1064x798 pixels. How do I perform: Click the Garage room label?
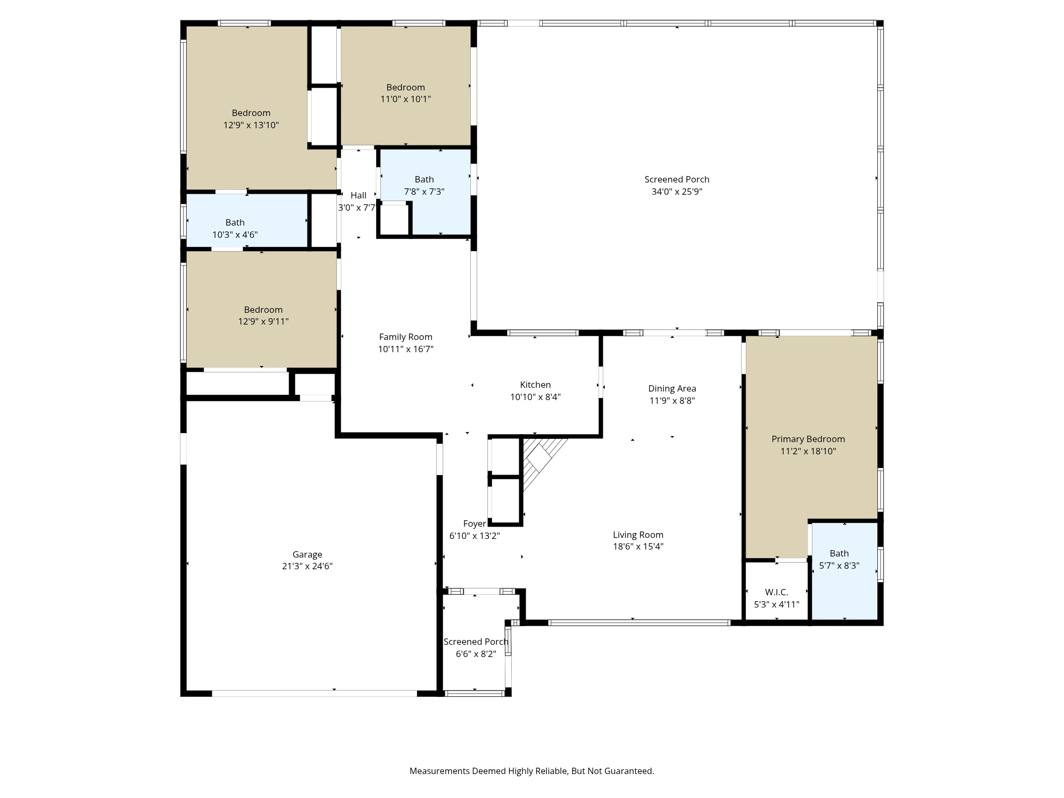307,554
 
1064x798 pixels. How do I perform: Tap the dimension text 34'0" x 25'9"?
677,192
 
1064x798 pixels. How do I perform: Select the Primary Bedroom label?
808,439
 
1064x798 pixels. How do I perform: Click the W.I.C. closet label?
776,592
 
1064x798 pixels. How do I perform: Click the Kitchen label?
535,385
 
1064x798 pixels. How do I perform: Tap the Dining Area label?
672,388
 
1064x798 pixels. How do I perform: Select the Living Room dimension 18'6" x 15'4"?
638,546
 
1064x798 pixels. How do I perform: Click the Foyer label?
474,523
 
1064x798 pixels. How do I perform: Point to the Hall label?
358,195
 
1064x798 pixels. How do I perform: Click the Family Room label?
405,337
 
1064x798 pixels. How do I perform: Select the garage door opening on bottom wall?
314,693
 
